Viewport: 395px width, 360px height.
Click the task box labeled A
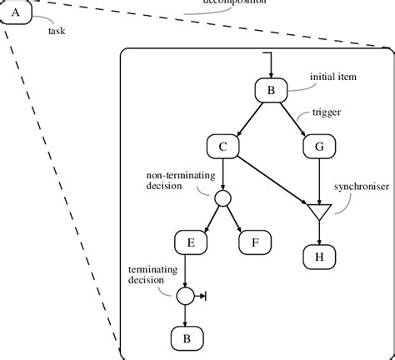click(x=17, y=12)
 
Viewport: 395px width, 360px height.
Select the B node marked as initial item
click(x=271, y=92)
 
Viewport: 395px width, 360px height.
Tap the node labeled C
click(x=222, y=147)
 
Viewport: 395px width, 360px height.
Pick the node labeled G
click(x=318, y=147)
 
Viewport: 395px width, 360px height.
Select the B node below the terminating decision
click(x=186, y=337)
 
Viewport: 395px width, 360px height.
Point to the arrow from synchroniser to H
click(x=318, y=232)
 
